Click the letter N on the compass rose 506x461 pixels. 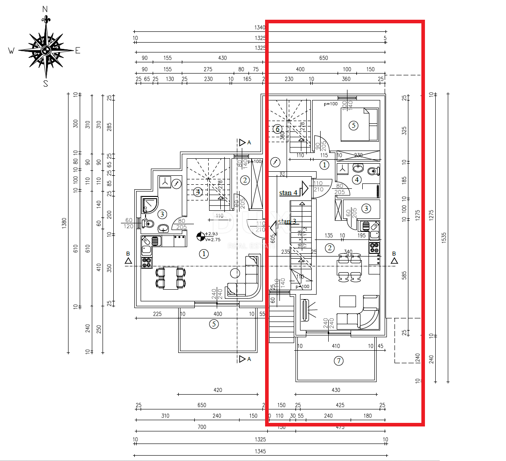[x=45, y=9]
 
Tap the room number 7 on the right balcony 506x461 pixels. [x=339, y=361]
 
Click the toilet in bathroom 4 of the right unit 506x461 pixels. [x=374, y=171]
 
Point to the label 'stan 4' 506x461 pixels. [x=288, y=193]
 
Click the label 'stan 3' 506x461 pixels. [x=287, y=222]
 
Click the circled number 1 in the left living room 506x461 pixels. [x=204, y=254]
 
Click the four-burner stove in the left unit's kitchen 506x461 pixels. [x=146, y=262]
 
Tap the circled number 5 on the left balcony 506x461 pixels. [x=214, y=324]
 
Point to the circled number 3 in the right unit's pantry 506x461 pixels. [x=366, y=208]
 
